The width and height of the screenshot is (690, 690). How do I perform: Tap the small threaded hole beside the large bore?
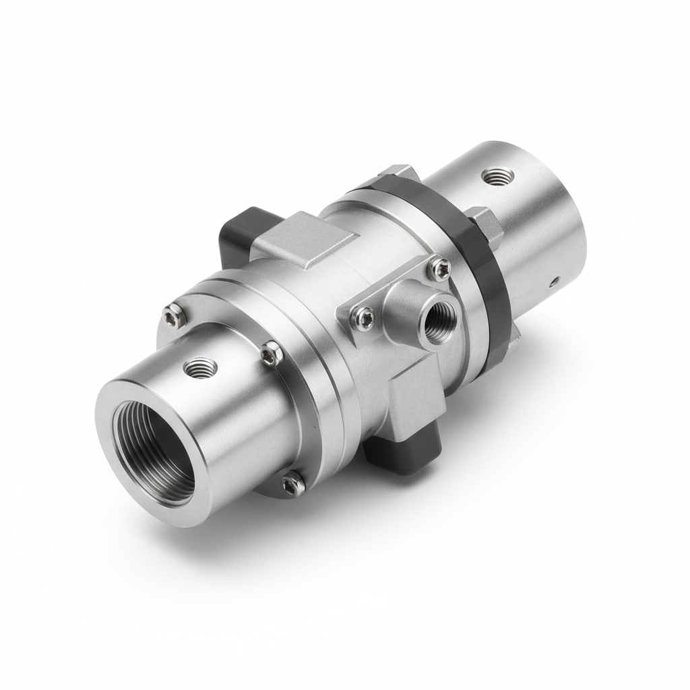[x=200, y=367]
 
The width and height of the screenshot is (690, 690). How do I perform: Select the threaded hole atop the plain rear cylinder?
[x=498, y=177]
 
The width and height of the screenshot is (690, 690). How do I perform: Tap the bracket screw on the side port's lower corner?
[x=365, y=315]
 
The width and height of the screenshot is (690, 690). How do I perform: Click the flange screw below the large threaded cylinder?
[x=293, y=481]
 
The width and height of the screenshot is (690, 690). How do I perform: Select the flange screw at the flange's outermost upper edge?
[x=174, y=312]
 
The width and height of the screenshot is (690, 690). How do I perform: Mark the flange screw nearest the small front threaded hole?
[x=272, y=352]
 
